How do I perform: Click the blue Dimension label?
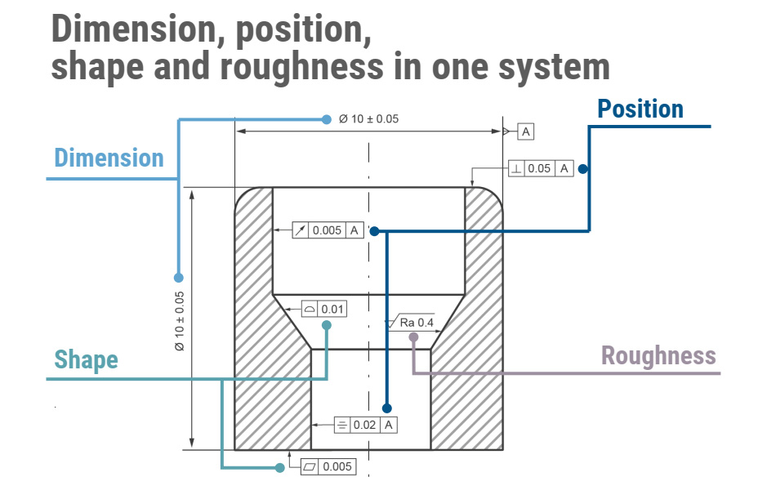109,158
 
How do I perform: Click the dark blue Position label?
640,109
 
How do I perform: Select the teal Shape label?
86,359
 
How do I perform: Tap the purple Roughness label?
658,355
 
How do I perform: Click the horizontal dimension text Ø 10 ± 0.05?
368,119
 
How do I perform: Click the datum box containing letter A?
525,131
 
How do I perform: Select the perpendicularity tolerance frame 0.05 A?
541,168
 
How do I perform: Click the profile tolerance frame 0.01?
323,309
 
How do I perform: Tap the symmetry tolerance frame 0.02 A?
365,425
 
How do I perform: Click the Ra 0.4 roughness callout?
416,323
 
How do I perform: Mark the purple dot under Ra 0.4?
413,337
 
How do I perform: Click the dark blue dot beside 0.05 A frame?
583,169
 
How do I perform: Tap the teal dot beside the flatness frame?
280,467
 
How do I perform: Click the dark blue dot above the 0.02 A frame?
387,408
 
